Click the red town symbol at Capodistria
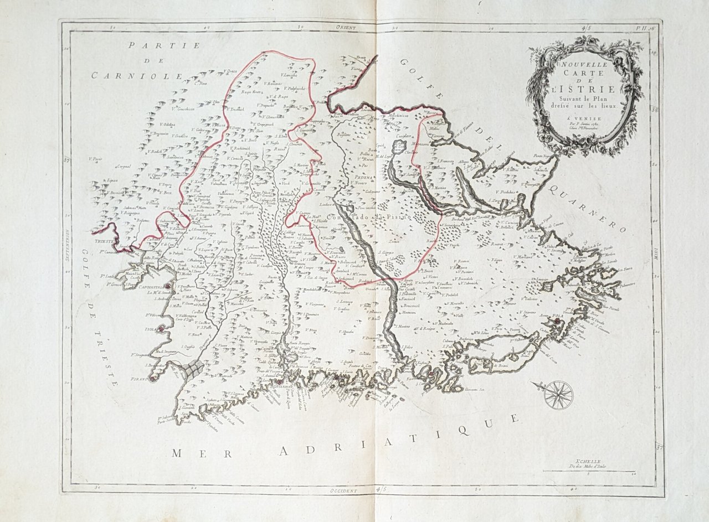pos(169,286)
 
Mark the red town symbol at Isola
pos(161,330)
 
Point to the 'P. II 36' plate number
pos(644,26)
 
